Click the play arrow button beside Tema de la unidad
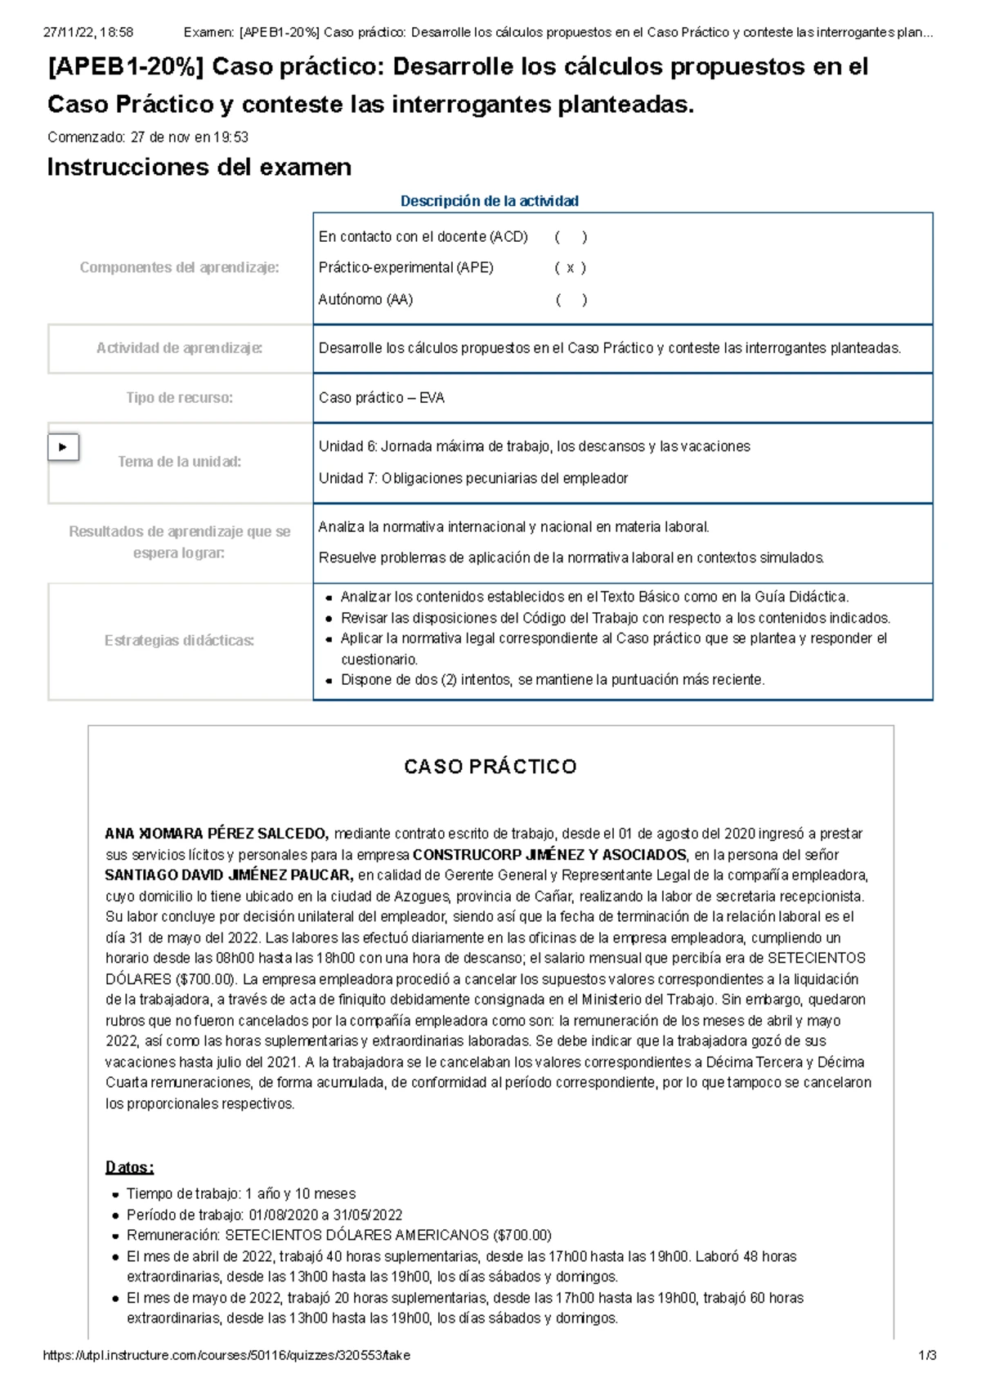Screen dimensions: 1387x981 (x=64, y=447)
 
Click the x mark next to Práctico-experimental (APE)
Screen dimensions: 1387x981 (x=570, y=268)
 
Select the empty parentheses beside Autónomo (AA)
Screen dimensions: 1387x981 (x=571, y=300)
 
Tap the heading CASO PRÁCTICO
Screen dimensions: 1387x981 (x=490, y=767)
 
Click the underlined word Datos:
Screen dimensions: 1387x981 (x=129, y=1167)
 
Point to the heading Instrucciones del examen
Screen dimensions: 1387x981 (x=199, y=168)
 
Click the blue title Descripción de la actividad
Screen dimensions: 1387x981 (x=489, y=201)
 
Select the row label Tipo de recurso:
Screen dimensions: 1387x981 (x=179, y=398)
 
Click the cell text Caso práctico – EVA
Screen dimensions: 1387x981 (x=381, y=398)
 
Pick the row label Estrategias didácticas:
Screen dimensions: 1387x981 (x=179, y=641)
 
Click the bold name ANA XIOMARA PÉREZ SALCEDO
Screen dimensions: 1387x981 (x=217, y=834)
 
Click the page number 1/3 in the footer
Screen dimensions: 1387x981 (x=927, y=1355)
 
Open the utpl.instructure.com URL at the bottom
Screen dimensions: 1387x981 (x=226, y=1355)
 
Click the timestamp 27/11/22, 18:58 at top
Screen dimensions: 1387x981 (x=88, y=33)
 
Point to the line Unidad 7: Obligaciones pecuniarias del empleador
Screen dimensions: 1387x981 (x=473, y=478)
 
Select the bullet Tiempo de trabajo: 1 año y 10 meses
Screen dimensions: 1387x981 (x=240, y=1194)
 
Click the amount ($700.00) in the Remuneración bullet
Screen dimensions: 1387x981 (x=522, y=1235)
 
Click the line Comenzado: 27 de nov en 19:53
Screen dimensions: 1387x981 (x=148, y=137)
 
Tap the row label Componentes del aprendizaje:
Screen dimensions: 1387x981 (x=179, y=268)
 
